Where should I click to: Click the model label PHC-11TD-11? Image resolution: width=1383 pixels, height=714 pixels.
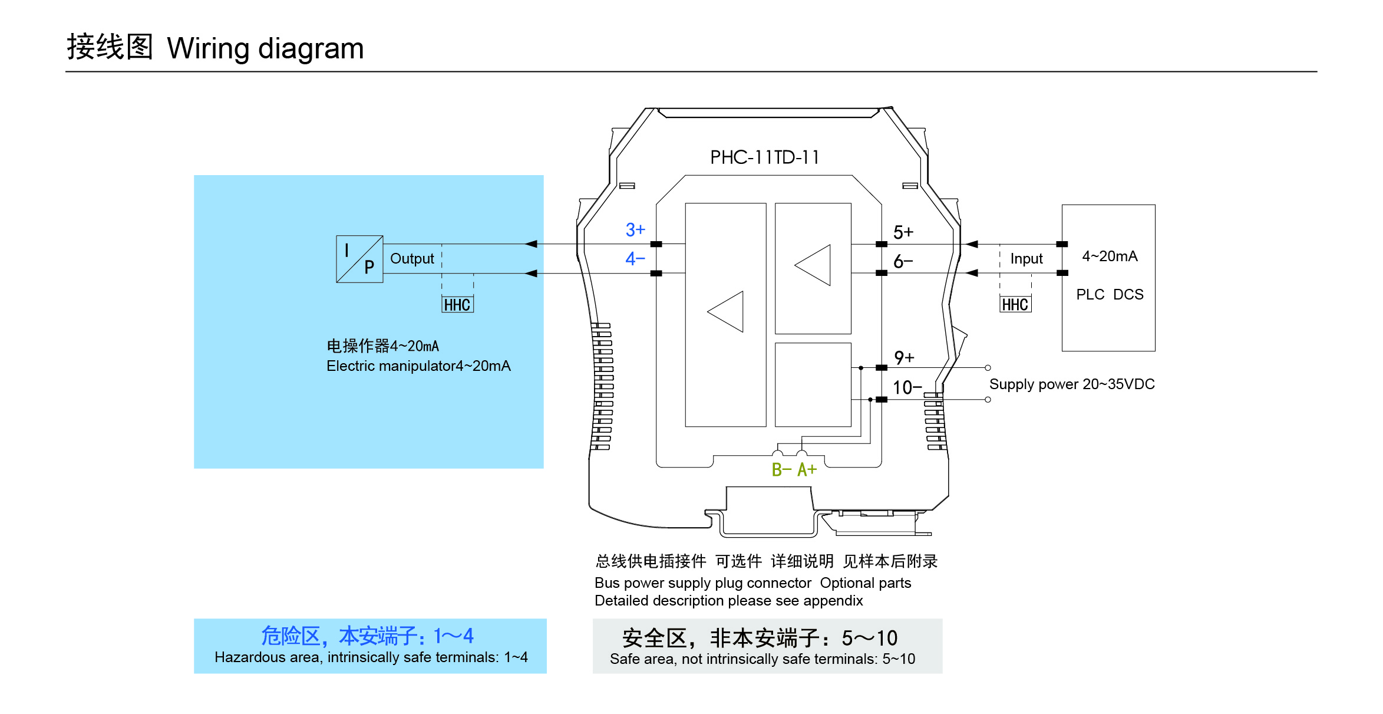[764, 157]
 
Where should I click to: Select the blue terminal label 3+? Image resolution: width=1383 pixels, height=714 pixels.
[635, 229]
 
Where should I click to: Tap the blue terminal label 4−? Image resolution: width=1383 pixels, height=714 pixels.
[635, 258]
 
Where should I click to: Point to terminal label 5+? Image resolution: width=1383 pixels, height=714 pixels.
[903, 232]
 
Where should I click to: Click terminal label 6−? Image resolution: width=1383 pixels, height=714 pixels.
[903, 261]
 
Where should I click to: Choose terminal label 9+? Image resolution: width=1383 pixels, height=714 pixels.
[904, 357]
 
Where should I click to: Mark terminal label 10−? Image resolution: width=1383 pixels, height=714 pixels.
[907, 387]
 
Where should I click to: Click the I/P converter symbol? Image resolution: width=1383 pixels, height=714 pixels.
[359, 259]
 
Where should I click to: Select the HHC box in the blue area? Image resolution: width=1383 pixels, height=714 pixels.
[457, 305]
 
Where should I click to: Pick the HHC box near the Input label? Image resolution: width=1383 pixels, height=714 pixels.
[1015, 304]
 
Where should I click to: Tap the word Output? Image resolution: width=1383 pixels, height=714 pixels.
[412, 259]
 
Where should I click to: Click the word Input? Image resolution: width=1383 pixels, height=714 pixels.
[1026, 259]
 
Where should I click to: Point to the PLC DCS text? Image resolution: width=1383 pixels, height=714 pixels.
[1110, 294]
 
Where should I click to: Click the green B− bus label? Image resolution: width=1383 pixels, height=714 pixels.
[781, 470]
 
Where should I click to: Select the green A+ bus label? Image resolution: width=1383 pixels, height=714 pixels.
[807, 470]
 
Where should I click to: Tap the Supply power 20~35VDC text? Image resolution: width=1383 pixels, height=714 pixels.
[1071, 384]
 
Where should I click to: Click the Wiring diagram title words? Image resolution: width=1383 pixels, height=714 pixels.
[265, 48]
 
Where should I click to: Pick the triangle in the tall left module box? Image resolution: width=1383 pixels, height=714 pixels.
[726, 311]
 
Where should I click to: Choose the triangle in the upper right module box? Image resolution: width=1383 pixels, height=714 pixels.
[813, 265]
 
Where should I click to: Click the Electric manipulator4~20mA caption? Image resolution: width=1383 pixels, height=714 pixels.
[418, 366]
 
